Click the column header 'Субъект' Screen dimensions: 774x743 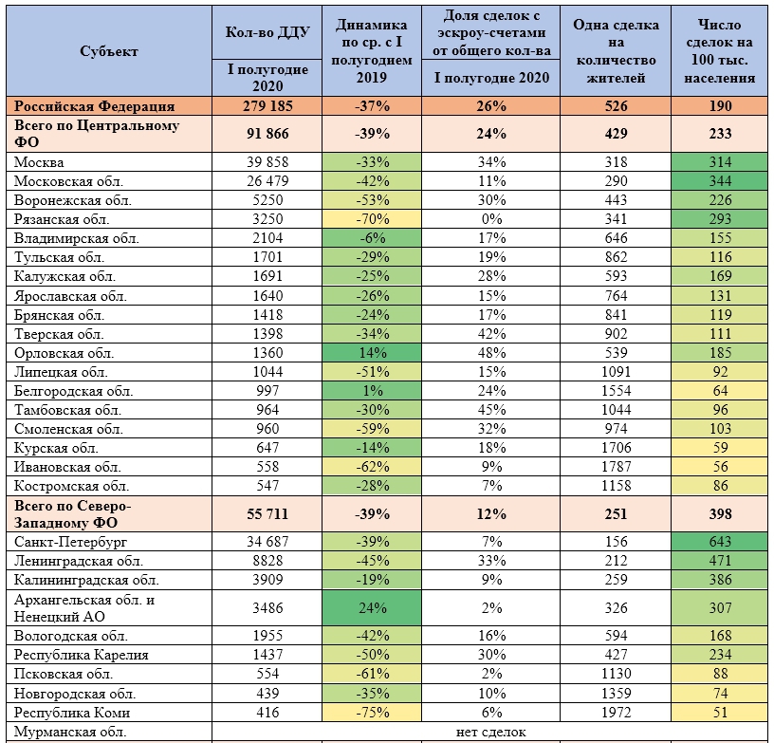[x=109, y=51]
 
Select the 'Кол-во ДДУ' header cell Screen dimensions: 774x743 [x=267, y=32]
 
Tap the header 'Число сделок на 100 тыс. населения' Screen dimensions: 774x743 [x=720, y=51]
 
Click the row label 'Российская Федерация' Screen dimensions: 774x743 [x=94, y=106]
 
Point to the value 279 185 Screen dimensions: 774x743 [x=267, y=106]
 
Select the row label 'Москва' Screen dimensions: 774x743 [x=39, y=162]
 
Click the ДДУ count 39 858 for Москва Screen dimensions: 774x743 [x=267, y=162]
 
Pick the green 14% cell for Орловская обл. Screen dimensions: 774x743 [x=372, y=353]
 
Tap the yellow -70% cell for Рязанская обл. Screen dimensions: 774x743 [x=372, y=219]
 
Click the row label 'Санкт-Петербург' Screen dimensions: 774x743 [x=70, y=542]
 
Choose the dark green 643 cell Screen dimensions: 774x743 [x=720, y=542]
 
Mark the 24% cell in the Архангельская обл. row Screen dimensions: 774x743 [x=372, y=607]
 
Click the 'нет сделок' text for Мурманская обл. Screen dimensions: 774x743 [x=491, y=732]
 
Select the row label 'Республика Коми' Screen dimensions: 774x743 [x=72, y=713]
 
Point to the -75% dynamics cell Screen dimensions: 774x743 [x=372, y=713]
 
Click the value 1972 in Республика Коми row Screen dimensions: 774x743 [x=616, y=713]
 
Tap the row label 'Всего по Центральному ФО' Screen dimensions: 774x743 [x=97, y=134]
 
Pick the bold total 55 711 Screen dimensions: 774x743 [x=267, y=514]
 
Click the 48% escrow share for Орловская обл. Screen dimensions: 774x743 [x=491, y=353]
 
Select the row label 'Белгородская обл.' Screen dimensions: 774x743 [x=74, y=392]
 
